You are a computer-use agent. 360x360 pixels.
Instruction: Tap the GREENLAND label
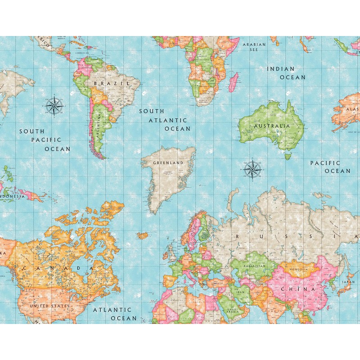tap(168, 162)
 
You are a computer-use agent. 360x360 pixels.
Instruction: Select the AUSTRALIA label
tap(272, 126)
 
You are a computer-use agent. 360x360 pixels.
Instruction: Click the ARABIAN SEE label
tap(254, 47)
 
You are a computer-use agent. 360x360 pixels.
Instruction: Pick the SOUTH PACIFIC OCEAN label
tap(45, 140)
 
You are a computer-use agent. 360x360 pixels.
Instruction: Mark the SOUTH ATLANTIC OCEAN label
tap(164, 119)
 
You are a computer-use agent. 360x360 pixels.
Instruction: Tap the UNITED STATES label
tap(49, 306)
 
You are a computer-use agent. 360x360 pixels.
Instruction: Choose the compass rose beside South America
tap(54, 106)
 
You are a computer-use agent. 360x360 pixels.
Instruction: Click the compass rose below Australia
tap(253, 170)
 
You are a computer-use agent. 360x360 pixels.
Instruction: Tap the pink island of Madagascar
tap(233, 83)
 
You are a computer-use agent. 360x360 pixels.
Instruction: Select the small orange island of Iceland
tap(143, 235)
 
